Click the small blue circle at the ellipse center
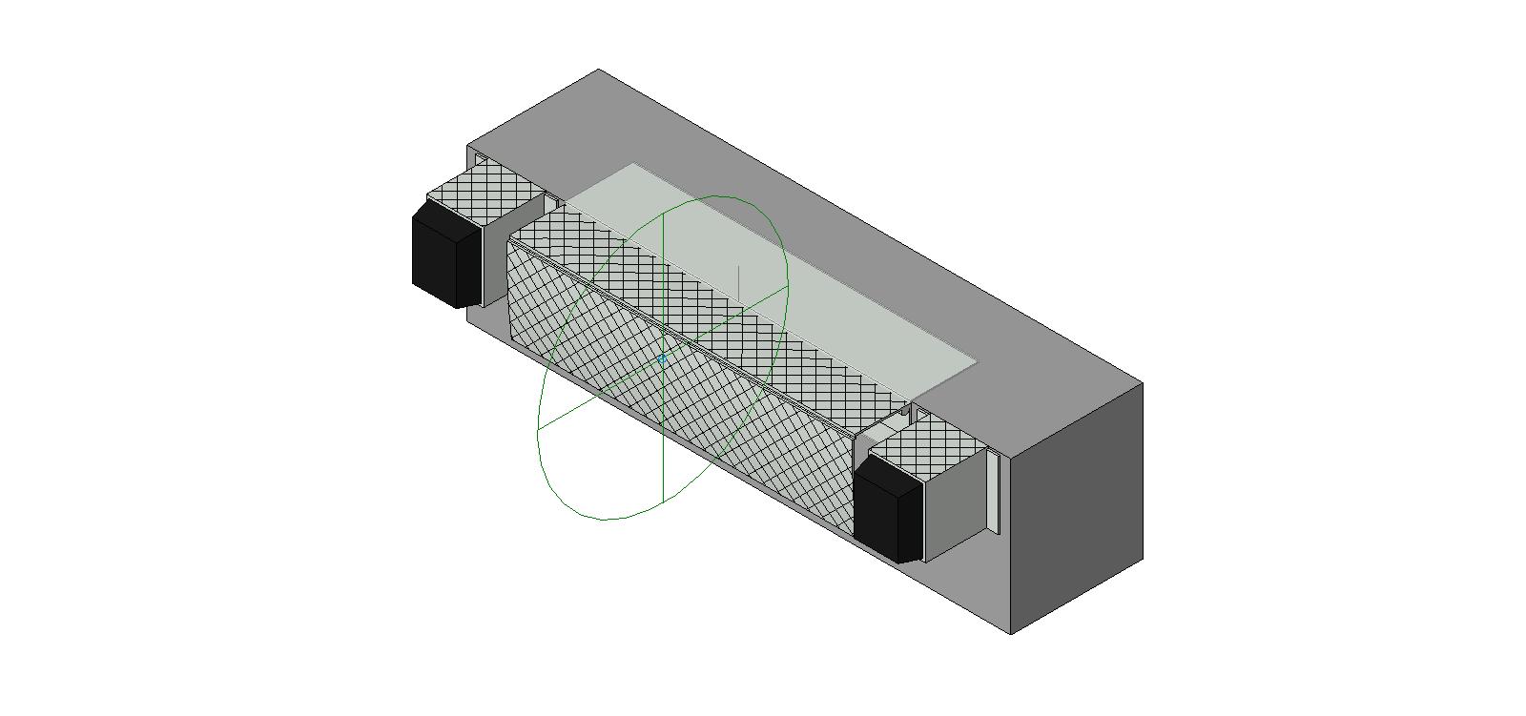coord(662,359)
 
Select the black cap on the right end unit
coord(888,509)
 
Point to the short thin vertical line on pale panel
coord(738,281)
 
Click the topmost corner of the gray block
coord(598,69)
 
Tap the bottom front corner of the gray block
coord(1010,634)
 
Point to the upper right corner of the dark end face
coord(1143,383)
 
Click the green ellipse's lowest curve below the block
coord(606,520)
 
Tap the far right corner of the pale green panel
coord(977,361)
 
